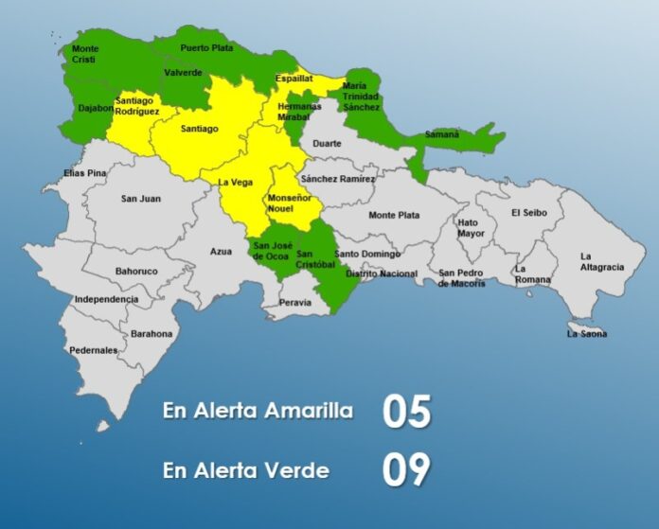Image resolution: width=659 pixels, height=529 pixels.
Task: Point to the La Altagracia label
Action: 602,261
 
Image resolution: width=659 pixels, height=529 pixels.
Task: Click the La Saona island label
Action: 587,334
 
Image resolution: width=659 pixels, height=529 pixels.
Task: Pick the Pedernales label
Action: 94,350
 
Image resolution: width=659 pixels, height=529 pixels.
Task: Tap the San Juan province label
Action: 140,199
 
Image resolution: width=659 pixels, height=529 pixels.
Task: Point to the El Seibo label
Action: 529,212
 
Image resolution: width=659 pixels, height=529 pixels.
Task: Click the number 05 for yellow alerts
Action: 407,413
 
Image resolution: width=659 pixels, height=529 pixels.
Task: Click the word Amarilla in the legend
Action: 305,412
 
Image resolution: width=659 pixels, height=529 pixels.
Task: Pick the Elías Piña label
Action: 86,173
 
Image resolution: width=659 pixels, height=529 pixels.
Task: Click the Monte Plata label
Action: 394,215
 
